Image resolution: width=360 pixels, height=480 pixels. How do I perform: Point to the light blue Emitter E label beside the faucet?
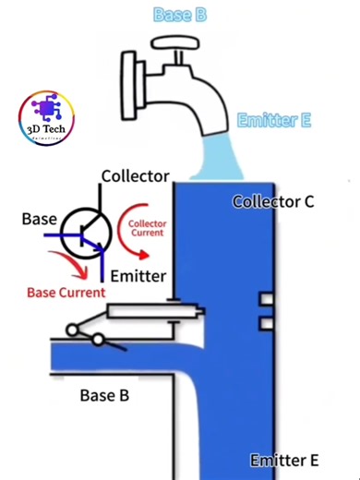274,121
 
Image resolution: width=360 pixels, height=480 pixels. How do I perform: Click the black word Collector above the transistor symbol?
135,175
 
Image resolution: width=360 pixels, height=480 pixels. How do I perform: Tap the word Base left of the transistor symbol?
39,219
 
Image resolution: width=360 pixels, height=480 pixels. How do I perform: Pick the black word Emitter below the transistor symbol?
138,276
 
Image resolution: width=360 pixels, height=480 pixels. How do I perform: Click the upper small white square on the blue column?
266,300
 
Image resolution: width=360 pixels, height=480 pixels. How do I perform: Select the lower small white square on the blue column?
266,322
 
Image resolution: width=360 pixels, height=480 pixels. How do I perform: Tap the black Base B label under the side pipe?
103,396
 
